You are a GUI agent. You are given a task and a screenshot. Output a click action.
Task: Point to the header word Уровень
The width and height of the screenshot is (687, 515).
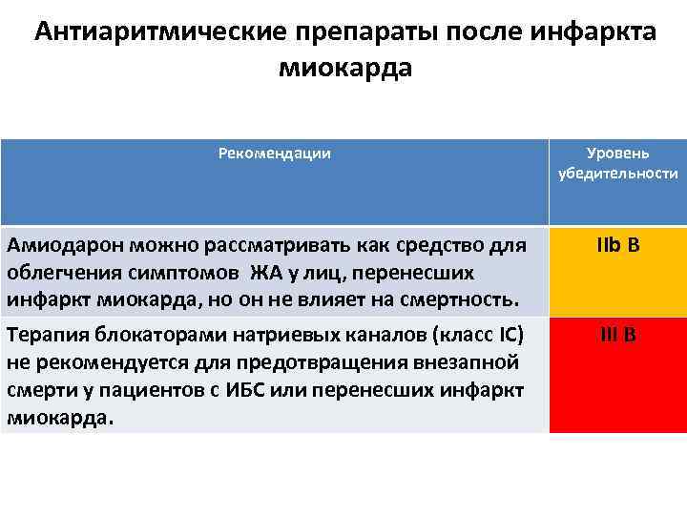pos(618,154)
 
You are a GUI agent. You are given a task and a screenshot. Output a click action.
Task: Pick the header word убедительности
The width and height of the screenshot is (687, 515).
pos(618,174)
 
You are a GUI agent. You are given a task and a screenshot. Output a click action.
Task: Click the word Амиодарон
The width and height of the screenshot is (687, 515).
pos(62,246)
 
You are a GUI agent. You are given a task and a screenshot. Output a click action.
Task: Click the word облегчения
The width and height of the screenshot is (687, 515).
pos(56,274)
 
